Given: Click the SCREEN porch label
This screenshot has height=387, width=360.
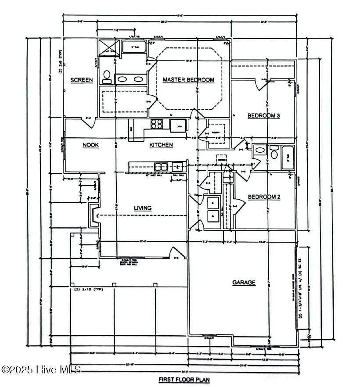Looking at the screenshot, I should [x=82, y=80].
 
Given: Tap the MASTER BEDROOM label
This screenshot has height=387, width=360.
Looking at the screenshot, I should [x=188, y=79].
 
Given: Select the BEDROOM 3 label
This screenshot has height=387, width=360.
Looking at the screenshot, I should [x=264, y=115].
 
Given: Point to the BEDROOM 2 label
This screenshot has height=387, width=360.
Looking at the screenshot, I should [x=264, y=197].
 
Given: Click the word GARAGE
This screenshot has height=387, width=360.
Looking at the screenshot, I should [x=244, y=283].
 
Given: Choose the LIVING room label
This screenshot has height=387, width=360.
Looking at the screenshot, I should [x=143, y=208].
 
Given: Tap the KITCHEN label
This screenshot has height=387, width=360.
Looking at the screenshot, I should [x=161, y=144].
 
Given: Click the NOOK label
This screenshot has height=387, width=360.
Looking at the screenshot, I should [x=90, y=145].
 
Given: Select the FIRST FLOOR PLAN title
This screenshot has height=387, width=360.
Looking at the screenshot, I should [x=184, y=378].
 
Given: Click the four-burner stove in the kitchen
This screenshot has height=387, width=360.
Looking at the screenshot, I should [x=157, y=124].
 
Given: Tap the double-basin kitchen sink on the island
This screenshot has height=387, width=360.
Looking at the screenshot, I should [x=161, y=166].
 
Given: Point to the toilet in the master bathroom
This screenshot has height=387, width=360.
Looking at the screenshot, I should [x=107, y=77].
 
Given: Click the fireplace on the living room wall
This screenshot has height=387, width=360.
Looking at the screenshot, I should [x=94, y=215].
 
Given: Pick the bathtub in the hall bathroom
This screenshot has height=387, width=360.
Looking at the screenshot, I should [x=288, y=157].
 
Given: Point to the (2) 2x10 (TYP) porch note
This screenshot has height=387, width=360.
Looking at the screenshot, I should [x=86, y=289].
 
